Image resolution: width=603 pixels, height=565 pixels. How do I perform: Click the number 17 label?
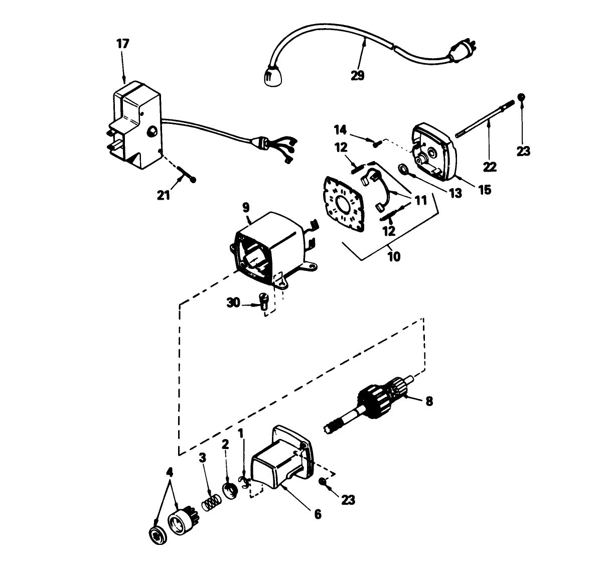coord(123,44)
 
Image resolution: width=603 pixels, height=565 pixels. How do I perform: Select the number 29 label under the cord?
coord(358,75)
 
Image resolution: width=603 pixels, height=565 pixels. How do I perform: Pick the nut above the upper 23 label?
coord(522,96)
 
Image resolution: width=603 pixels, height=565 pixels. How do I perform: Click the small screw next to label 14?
coord(376,144)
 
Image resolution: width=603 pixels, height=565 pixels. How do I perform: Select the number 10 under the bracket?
coord(394,256)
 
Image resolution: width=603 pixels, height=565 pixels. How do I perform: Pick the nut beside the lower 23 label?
coord(323,482)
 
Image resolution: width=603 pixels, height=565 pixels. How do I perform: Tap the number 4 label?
coord(170,472)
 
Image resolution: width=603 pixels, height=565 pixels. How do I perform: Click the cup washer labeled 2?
coord(230,490)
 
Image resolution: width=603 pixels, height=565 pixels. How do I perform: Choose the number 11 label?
coord(420,201)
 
